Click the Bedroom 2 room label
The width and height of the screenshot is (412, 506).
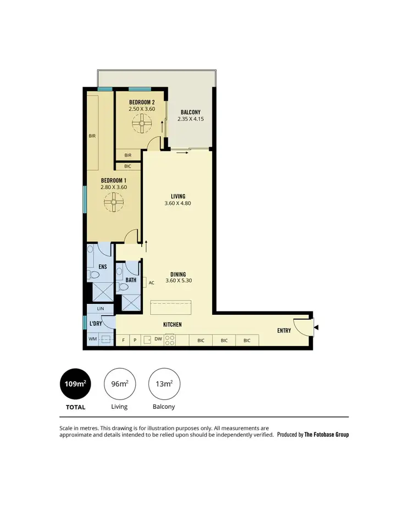click(x=142, y=102)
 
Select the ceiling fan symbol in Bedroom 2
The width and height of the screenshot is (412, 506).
click(x=142, y=125)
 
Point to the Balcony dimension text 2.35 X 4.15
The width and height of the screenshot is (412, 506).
click(x=191, y=118)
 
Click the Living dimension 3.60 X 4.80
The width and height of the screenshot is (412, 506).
click(x=177, y=203)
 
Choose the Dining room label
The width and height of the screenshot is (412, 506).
click(x=177, y=274)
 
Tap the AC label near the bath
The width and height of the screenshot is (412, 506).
click(x=151, y=282)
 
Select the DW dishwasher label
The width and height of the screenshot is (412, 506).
click(x=158, y=340)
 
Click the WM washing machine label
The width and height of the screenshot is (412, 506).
click(x=92, y=340)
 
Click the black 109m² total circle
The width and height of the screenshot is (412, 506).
click(x=75, y=383)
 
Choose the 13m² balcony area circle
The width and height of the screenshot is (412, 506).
click(x=164, y=383)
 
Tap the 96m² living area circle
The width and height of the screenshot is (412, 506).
click(x=119, y=383)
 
